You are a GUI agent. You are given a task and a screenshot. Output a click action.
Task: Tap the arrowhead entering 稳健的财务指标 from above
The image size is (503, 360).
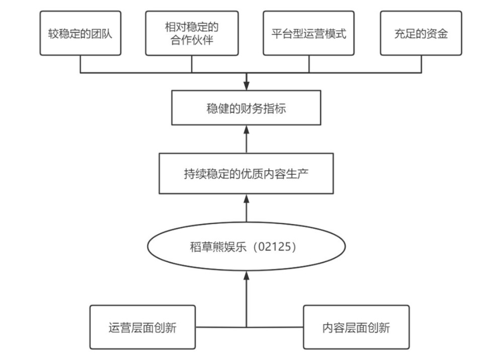tap(246, 86)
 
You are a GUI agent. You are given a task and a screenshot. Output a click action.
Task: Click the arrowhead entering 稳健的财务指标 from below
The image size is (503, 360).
tap(246, 129)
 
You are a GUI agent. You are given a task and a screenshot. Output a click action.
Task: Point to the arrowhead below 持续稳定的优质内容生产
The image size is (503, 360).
tap(246, 198)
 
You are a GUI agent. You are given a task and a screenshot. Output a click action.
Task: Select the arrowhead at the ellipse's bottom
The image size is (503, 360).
tap(246, 275)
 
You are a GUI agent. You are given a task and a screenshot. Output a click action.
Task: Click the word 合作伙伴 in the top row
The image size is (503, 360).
tap(192, 40)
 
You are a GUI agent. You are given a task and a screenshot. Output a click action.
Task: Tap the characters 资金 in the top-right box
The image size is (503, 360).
tap(437, 33)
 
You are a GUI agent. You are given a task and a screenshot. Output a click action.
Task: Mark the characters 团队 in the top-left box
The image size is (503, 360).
tap(102, 33)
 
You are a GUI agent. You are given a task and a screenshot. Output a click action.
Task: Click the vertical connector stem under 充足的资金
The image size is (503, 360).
tap(421, 64)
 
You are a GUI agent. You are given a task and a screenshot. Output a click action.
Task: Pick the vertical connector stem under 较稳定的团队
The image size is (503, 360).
tap(80, 64)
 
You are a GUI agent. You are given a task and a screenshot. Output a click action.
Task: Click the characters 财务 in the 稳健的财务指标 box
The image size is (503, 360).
tap(246, 108)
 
